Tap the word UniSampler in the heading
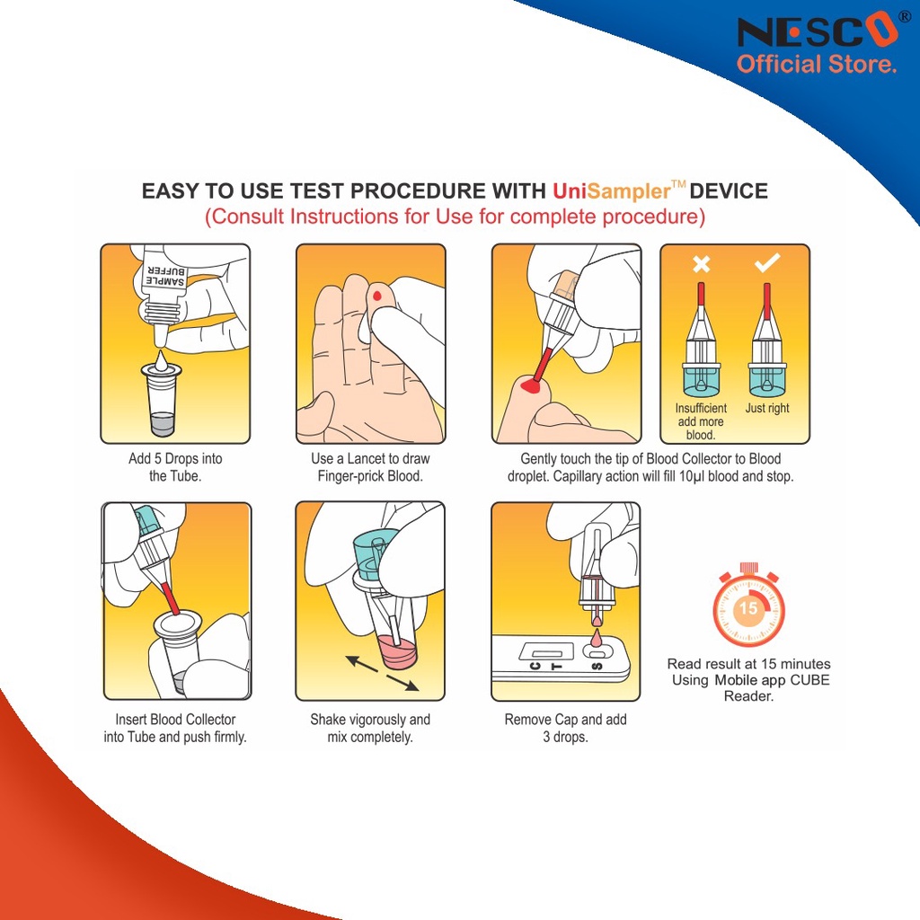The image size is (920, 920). click(x=611, y=191)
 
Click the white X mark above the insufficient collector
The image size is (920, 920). click(x=701, y=264)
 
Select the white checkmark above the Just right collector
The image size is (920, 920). click(x=767, y=263)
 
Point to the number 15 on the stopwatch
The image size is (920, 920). click(x=748, y=607)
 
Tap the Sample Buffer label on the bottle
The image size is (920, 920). click(x=166, y=277)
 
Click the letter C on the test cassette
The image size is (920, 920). click(x=535, y=666)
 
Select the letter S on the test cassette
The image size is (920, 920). click(x=597, y=666)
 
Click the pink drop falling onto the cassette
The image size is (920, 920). click(x=597, y=638)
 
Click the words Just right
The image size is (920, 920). click(x=767, y=408)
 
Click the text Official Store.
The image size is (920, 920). click(x=817, y=64)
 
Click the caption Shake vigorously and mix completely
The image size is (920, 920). click(x=370, y=728)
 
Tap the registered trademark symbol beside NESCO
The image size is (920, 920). click(x=906, y=17)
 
